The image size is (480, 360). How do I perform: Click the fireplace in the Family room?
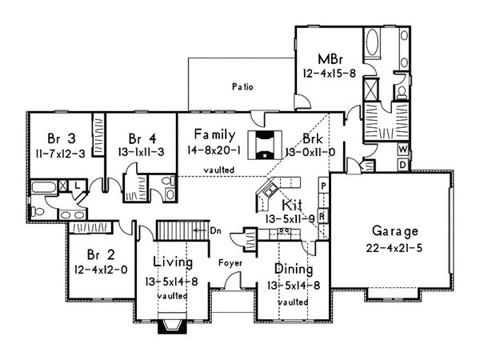[264, 145]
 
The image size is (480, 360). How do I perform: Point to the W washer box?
[402, 150]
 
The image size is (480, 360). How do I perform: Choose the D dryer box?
[402, 164]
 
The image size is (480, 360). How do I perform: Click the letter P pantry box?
[322, 186]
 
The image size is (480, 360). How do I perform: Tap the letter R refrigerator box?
[322, 215]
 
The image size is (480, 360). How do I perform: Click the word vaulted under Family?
[218, 170]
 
